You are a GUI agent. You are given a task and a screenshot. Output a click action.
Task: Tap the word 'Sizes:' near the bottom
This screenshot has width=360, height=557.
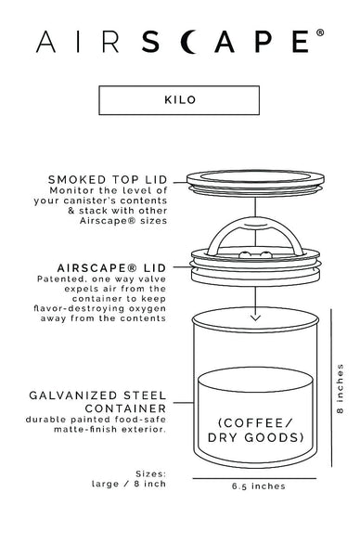149,471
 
